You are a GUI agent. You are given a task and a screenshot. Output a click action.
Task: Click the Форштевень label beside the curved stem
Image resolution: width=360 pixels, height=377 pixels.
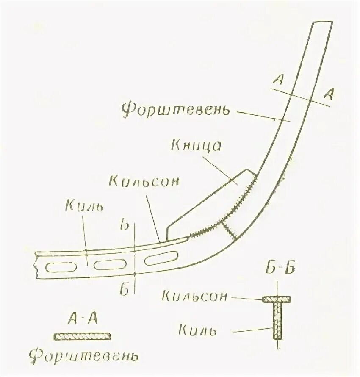[x=176, y=109]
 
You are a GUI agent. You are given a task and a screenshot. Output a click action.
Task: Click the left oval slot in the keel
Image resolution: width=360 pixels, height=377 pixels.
[x=59, y=267]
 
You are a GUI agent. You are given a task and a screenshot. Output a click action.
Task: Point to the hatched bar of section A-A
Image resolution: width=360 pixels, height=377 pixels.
[x=82, y=336]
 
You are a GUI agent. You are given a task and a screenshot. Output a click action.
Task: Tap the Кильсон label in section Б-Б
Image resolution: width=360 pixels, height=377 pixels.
[x=194, y=296]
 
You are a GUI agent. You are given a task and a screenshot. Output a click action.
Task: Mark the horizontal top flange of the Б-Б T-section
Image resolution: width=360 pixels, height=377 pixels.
[x=277, y=299]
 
